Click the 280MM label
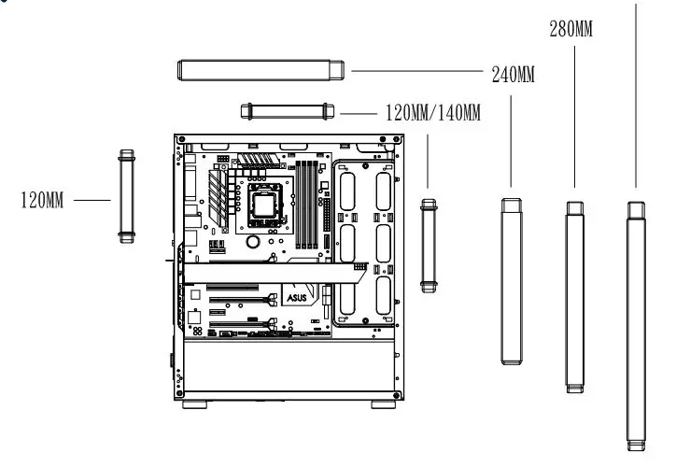click(570, 29)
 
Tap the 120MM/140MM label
click(433, 114)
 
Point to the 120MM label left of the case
click(42, 200)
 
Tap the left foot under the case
click(195, 405)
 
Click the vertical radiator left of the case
click(126, 195)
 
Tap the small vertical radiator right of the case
click(429, 244)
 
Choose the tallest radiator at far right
click(636, 322)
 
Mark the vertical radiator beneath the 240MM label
click(511, 280)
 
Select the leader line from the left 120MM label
click(92, 200)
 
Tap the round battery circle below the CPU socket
click(252, 240)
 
